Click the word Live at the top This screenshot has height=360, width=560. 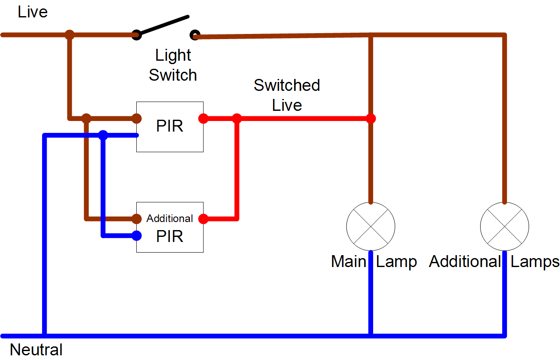pos(33,12)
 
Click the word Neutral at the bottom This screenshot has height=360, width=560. pos(36,350)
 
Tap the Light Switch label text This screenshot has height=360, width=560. pos(173,65)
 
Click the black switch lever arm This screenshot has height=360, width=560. pos(163,25)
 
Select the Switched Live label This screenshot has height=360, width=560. pos(287,95)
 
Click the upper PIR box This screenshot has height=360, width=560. pos(170,127)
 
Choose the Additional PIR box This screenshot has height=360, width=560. pos(170,228)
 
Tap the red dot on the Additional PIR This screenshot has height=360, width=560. pos(203,219)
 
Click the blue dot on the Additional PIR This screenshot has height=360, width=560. pos(136,236)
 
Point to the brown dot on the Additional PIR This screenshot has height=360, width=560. pos(136,219)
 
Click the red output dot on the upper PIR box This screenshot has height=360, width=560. pos(203,118)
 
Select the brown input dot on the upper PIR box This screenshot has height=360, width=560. pos(136,118)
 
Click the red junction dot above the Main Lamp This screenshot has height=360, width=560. pos(371,118)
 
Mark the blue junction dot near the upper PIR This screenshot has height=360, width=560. pos(103,135)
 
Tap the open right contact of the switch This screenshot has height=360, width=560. pos(195,35)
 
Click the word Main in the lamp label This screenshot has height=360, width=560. pos(349,262)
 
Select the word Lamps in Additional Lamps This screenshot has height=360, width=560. pos(535,262)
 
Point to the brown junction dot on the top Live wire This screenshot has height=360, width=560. pos(70,35)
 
